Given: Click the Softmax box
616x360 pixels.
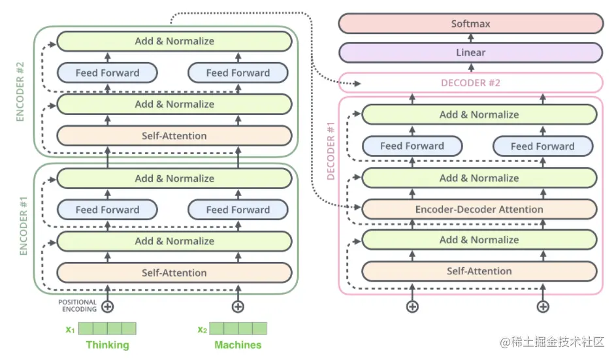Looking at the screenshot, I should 470,24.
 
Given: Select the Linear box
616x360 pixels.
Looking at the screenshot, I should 470,52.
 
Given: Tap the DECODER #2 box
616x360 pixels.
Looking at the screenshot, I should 470,83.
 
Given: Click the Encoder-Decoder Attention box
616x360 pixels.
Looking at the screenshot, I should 479,210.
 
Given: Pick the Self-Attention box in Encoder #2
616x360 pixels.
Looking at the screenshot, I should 174,136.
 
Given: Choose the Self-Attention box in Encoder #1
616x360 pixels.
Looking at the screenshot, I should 174,272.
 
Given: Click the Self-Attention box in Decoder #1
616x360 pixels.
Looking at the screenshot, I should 479,270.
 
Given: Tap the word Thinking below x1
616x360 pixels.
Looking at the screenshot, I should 107,345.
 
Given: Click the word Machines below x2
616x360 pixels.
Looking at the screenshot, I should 238,345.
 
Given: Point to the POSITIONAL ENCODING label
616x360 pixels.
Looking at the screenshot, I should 77,306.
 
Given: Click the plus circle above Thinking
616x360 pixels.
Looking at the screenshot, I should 107,306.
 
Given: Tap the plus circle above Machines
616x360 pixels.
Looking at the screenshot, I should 238,306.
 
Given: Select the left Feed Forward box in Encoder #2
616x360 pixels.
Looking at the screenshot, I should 107,73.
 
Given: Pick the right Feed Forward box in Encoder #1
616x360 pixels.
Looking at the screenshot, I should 238,210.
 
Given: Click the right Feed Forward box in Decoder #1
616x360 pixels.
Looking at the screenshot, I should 542,146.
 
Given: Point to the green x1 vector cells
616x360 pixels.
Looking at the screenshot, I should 107,328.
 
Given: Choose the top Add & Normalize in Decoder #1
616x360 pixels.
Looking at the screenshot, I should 479,114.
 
